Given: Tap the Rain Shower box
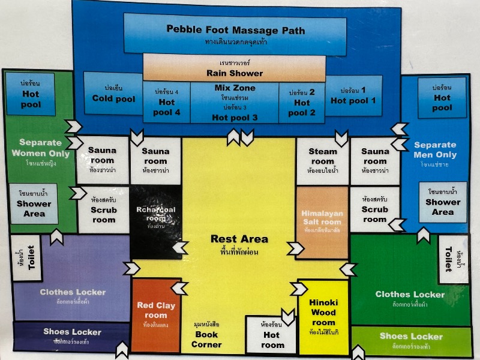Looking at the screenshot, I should coord(234,68).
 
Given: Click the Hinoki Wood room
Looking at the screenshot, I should coord(323,317).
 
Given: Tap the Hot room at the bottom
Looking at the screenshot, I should coord(272,336).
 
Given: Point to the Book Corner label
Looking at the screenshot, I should coord(206,339).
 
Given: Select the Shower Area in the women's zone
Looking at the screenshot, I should coord(34,204).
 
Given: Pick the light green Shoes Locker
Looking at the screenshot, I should coord(411,339).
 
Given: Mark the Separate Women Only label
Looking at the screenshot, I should coord(40,148).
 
